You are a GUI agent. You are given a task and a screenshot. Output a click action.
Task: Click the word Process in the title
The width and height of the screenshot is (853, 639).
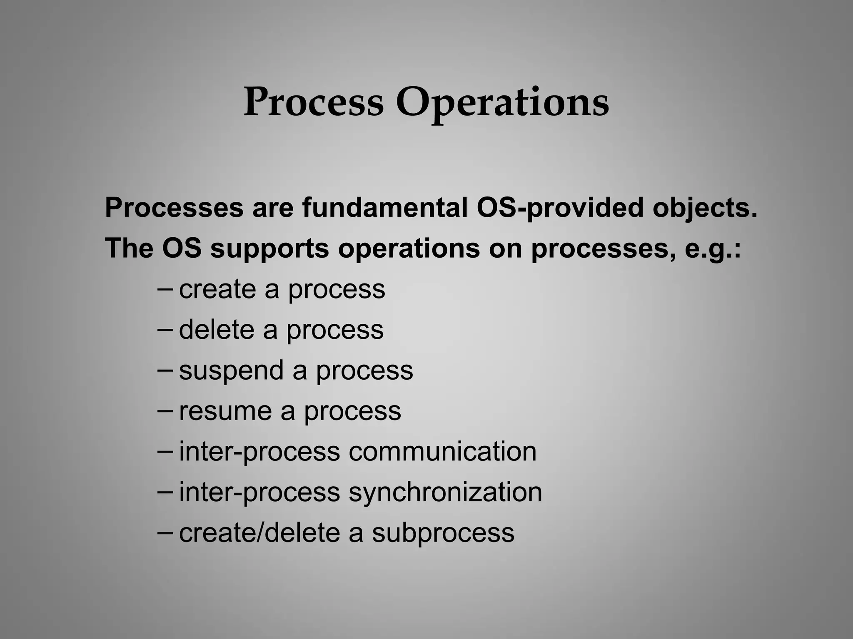(313, 102)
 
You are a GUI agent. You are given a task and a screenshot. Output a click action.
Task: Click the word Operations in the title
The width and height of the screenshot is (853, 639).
(502, 102)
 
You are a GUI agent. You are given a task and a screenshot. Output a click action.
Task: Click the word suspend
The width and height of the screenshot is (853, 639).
(231, 370)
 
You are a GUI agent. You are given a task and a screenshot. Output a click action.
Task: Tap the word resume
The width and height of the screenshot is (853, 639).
(225, 411)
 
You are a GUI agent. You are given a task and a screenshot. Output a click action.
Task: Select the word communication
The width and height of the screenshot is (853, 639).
(442, 451)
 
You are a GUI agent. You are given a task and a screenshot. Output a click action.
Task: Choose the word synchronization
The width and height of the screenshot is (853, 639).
(445, 492)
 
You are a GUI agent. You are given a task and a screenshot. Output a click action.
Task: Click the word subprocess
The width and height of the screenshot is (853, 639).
(443, 532)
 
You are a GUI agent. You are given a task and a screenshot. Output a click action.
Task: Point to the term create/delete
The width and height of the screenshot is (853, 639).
(259, 532)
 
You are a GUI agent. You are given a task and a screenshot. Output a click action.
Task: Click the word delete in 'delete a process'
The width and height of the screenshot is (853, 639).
(217, 329)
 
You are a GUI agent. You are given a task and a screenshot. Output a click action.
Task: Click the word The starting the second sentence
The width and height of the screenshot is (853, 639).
(129, 248)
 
